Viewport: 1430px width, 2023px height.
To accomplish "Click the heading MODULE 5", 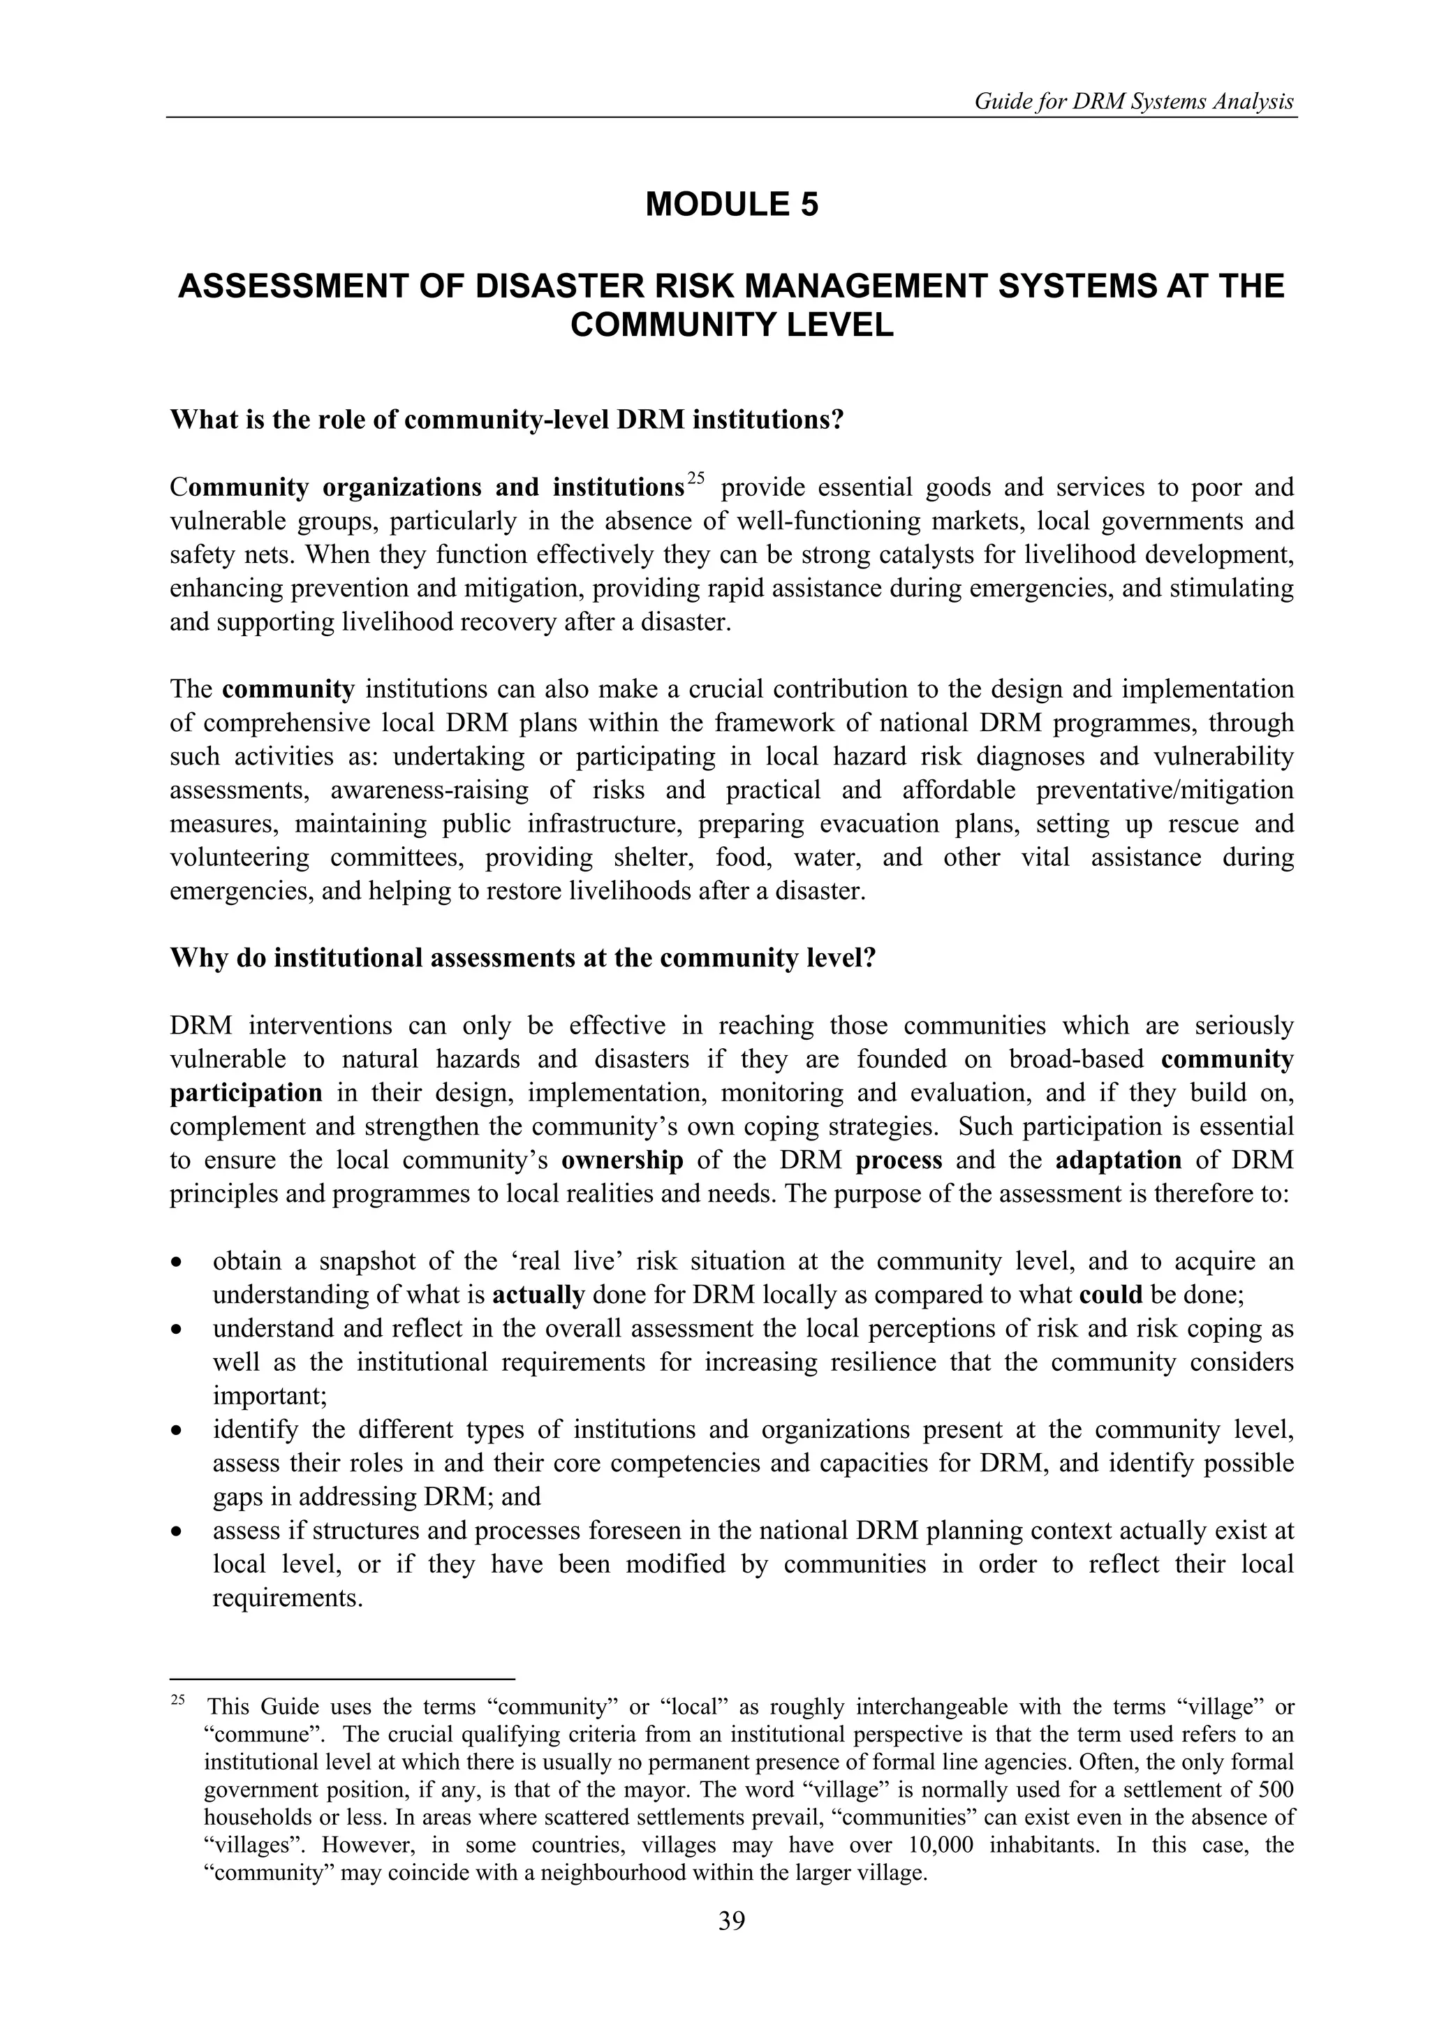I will point(731,205).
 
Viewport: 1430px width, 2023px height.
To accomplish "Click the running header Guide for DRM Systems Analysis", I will point(1133,102).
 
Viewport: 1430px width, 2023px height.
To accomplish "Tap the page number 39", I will point(731,1945).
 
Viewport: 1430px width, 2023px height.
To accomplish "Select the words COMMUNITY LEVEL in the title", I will point(731,325).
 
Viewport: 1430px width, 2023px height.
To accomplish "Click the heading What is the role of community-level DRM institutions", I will point(507,420).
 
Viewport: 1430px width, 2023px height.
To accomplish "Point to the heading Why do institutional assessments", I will point(522,958).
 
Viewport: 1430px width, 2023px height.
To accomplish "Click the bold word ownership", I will point(622,1161).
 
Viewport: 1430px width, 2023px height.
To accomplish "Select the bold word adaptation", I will point(1118,1161).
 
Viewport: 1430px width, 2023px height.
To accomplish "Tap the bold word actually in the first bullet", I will point(538,1295).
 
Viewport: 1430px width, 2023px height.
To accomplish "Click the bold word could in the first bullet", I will point(1110,1295).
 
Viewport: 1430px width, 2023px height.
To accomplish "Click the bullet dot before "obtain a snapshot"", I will point(178,1263).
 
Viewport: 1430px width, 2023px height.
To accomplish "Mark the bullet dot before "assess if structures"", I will point(178,1532).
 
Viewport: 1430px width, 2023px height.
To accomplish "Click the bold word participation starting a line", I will point(246,1094).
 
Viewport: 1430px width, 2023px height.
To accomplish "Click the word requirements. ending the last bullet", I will point(287,1598).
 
